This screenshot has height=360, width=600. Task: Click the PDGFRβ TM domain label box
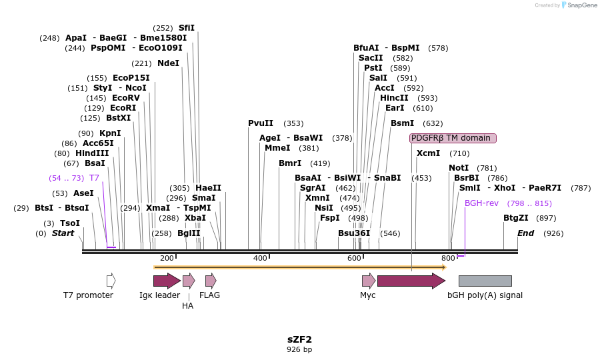tap(453, 138)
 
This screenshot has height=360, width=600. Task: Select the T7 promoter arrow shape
tap(111, 281)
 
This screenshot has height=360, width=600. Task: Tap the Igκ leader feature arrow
tap(167, 281)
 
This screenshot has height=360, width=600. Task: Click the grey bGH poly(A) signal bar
tap(485, 281)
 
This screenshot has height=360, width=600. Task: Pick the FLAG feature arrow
tap(211, 281)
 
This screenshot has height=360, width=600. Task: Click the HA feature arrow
tap(189, 281)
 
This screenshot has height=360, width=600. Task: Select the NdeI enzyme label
tap(168, 63)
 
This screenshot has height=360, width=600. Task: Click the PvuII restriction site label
tap(261, 123)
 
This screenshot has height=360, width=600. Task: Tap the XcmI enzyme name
tap(428, 153)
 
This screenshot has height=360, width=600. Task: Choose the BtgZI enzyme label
tap(516, 218)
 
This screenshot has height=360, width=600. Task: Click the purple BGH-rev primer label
tap(481, 203)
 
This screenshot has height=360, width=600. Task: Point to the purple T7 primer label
tap(94, 178)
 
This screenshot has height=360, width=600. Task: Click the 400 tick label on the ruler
tap(260, 258)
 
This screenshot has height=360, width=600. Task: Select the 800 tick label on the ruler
tap(448, 258)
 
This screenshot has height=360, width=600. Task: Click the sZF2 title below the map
tap(299, 339)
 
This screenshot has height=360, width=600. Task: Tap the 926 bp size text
tap(299, 349)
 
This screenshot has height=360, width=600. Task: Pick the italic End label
tap(525, 233)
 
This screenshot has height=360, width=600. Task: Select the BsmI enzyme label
tap(403, 123)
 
